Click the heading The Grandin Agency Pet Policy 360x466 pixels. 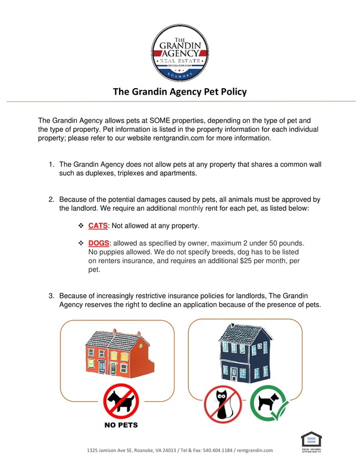tap(180, 91)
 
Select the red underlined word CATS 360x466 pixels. tap(97, 226)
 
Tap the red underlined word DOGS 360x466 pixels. tap(99, 243)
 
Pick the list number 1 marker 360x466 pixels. tap(50, 165)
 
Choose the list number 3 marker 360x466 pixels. tap(50, 296)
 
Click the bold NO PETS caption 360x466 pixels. tap(121, 425)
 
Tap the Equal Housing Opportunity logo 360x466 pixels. tap(311, 442)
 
